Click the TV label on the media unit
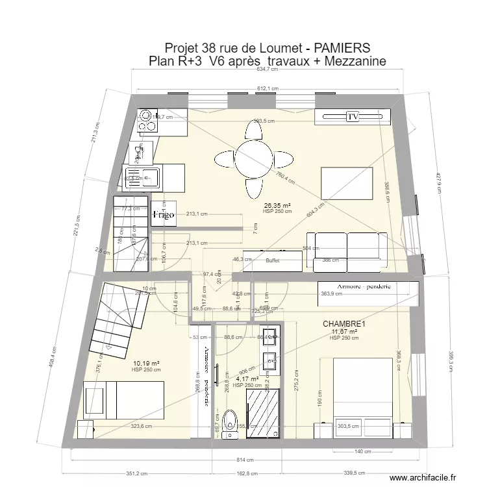tap(353, 117)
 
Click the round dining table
tap(253, 157)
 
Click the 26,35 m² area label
tap(277, 205)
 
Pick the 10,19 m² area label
tap(146, 364)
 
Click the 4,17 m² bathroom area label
tap(247, 379)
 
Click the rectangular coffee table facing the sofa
tap(347, 184)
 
